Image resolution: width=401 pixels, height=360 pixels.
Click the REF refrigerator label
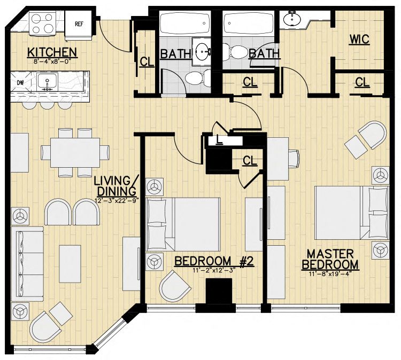(79, 24)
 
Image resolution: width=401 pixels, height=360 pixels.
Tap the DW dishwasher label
(20, 83)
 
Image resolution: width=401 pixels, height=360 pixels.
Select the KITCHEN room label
(52, 52)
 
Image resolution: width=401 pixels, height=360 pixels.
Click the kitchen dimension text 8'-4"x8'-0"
(52, 61)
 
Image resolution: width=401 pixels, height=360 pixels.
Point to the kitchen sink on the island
(47, 82)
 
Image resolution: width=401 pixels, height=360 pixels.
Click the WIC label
(359, 40)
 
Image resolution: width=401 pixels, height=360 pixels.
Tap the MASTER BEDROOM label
(330, 260)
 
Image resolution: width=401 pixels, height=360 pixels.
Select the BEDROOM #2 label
(214, 261)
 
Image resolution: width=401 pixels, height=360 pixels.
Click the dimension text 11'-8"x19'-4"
(330, 274)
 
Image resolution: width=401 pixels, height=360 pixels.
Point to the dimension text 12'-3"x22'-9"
(116, 201)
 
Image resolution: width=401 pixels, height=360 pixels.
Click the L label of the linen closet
(218, 140)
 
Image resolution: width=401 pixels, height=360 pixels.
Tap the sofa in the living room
(27, 264)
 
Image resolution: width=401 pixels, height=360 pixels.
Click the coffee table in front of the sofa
(70, 264)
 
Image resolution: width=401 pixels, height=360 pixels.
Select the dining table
(75, 153)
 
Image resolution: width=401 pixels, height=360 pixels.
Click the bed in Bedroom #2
(183, 224)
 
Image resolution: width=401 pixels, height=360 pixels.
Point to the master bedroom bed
(352, 213)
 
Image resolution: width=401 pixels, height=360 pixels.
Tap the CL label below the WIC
(362, 83)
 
